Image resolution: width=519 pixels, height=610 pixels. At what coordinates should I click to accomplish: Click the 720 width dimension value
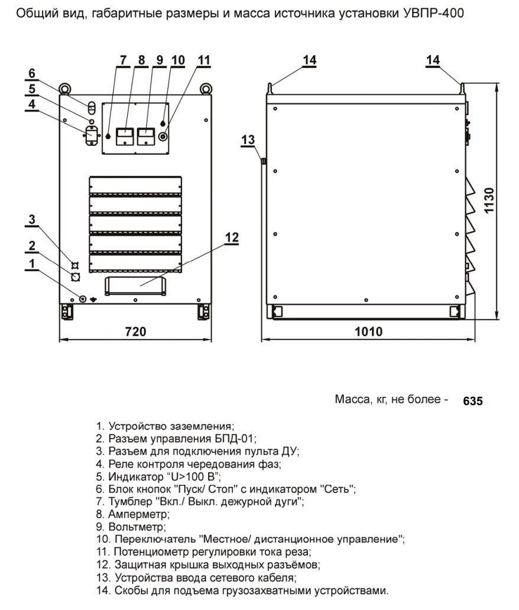135,332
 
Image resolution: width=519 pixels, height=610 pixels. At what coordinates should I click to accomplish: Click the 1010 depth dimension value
368,332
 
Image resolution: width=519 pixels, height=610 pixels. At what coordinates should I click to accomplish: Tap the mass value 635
472,401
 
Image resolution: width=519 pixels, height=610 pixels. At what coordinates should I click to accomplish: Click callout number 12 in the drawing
232,237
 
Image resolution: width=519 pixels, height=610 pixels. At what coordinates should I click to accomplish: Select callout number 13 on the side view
248,139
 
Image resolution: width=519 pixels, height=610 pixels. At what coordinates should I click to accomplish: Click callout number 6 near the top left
32,73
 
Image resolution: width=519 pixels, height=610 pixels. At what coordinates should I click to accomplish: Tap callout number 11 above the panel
203,60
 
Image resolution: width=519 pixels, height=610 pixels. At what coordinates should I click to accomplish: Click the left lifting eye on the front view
64,90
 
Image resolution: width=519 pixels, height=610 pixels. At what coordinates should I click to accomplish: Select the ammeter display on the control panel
125,136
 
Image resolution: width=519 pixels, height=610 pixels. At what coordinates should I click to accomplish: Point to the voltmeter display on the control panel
145,136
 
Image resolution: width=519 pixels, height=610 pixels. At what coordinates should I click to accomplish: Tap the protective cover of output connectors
136,285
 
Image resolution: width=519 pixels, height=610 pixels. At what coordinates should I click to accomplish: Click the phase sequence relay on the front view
90,135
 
